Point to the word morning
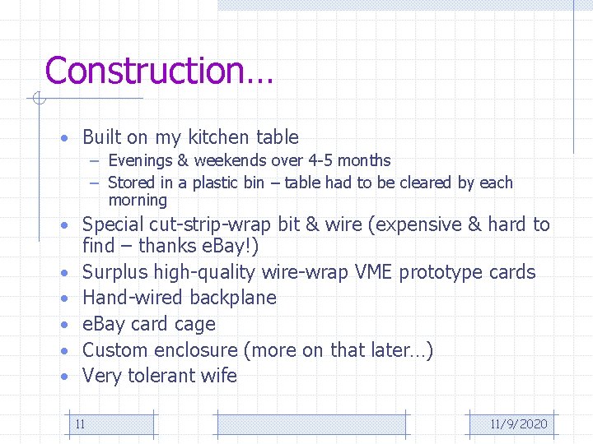[x=137, y=201]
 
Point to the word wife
[x=217, y=376]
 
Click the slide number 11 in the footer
[x=80, y=424]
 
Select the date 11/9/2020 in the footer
[x=518, y=424]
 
